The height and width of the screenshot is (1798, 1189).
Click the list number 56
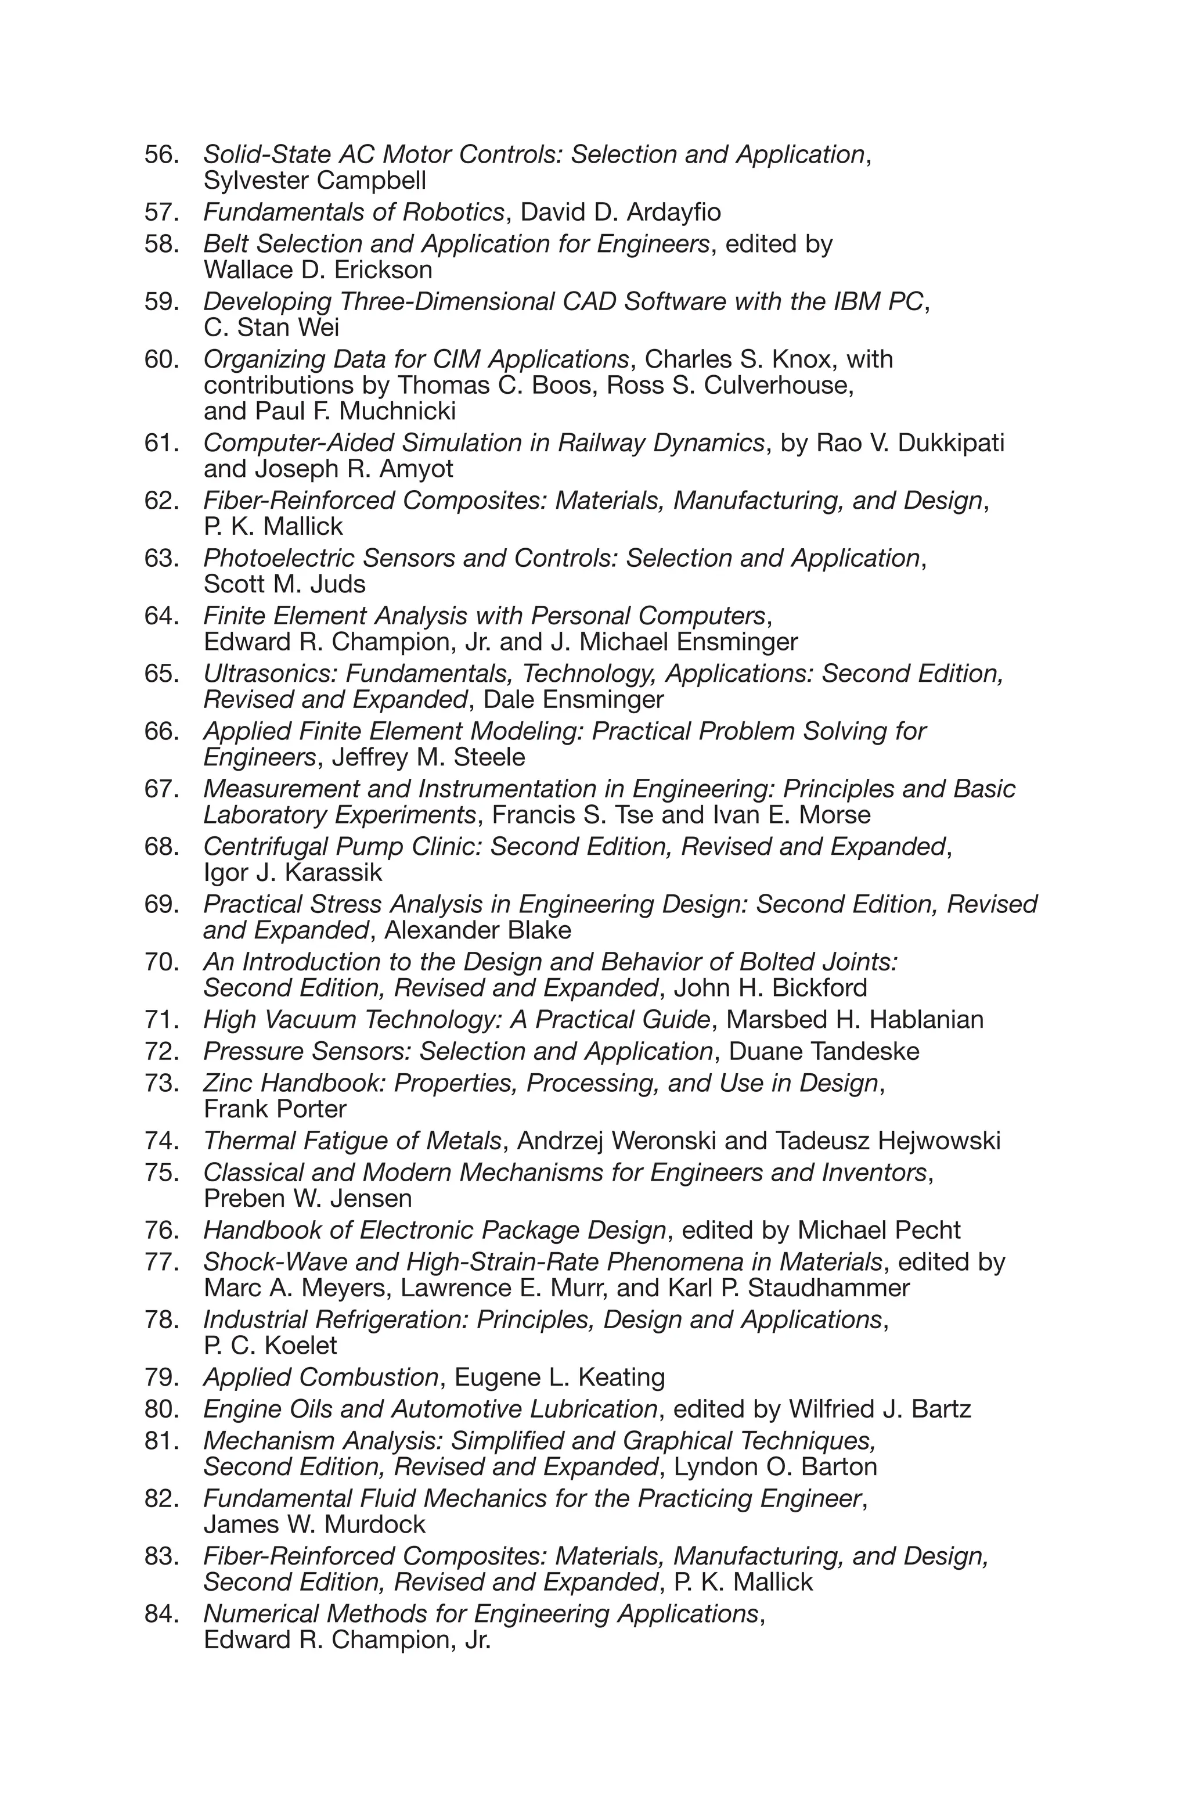pos(161,154)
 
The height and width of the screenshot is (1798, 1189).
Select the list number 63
pos(161,558)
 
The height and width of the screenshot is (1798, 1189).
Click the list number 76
pos(161,1230)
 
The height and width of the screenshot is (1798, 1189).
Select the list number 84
pos(161,1614)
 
